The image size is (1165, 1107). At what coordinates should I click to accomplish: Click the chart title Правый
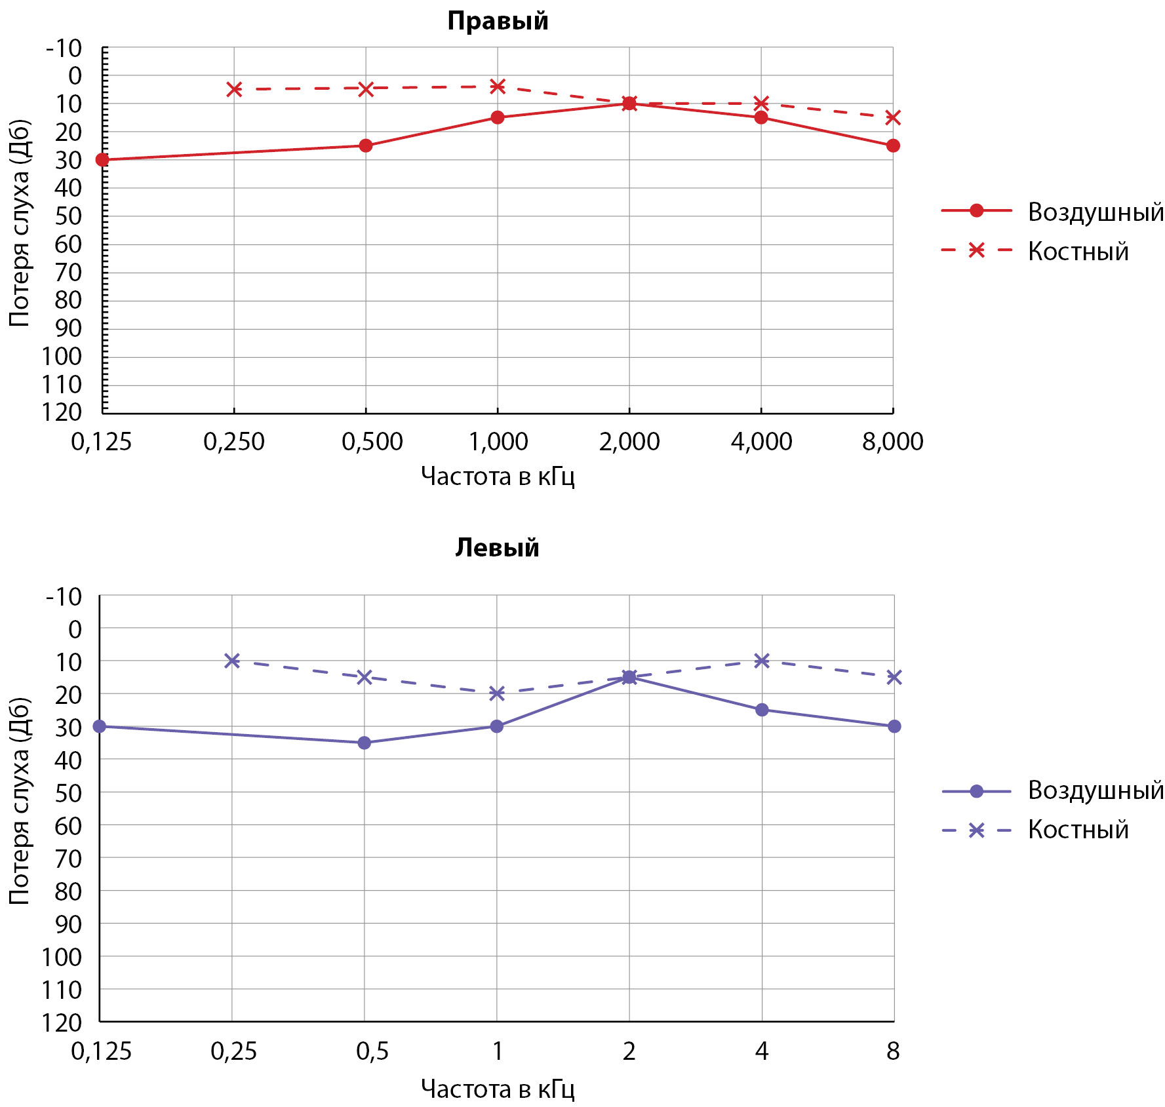click(x=498, y=21)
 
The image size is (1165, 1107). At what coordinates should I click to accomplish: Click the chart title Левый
click(x=497, y=547)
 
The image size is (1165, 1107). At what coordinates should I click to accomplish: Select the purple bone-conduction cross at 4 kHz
click(x=762, y=661)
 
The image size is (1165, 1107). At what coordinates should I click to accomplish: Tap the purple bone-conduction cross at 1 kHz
click(x=497, y=693)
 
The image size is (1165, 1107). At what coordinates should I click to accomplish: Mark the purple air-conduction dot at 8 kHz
click(x=894, y=726)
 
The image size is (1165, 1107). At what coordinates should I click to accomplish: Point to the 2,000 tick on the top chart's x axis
click(x=629, y=442)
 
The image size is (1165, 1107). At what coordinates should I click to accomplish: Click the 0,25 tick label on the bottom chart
click(x=233, y=1051)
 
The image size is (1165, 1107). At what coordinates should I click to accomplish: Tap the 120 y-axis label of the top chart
click(x=62, y=412)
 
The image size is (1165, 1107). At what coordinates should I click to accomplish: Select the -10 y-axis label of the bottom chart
click(x=64, y=597)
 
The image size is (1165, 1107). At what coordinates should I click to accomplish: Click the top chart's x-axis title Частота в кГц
click(x=498, y=476)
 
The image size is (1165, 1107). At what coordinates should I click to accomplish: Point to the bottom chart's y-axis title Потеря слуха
click(x=20, y=801)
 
